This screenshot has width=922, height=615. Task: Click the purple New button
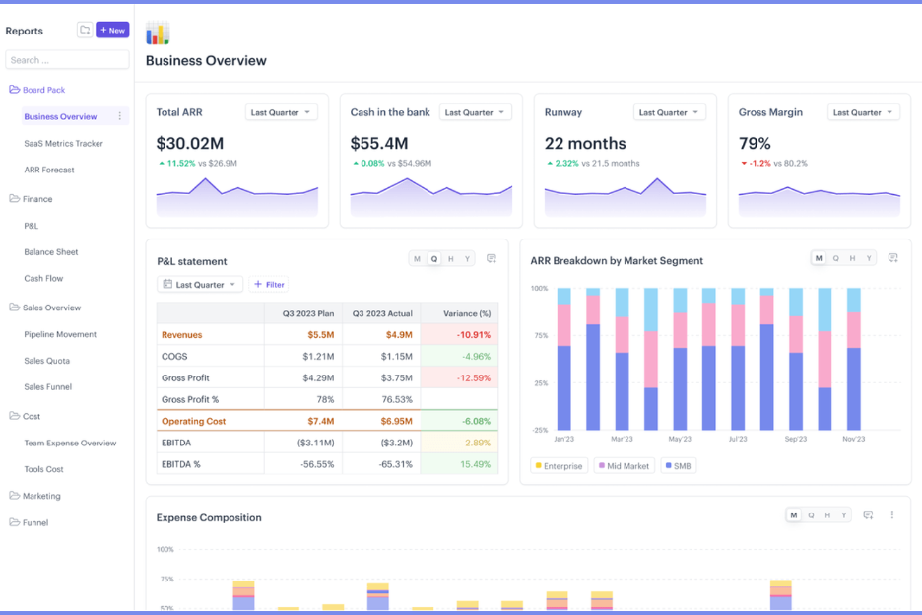pos(112,31)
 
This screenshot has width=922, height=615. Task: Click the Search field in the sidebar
pos(67,60)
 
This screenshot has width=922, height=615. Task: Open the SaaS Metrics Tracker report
pos(63,144)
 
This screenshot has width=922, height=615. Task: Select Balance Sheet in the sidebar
pos(51,252)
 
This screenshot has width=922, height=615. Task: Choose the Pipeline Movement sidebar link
pos(61,334)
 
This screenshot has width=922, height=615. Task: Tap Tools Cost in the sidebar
pos(43,469)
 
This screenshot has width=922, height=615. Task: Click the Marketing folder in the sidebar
pos(41,496)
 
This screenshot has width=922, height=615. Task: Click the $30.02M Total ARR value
pos(190,144)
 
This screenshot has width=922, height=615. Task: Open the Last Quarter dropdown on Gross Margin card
pos(864,112)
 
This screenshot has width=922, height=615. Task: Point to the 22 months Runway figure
pos(585,144)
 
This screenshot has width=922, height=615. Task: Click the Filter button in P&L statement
pos(269,285)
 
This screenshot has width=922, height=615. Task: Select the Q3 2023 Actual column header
pos(381,313)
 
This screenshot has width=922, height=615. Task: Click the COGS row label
pos(174,356)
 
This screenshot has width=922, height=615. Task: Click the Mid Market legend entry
pos(623,466)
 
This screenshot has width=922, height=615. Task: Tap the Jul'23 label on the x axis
pos(738,439)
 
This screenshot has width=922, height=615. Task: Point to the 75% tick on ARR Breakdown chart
pos(540,335)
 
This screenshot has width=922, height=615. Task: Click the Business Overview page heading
pos(206,61)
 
